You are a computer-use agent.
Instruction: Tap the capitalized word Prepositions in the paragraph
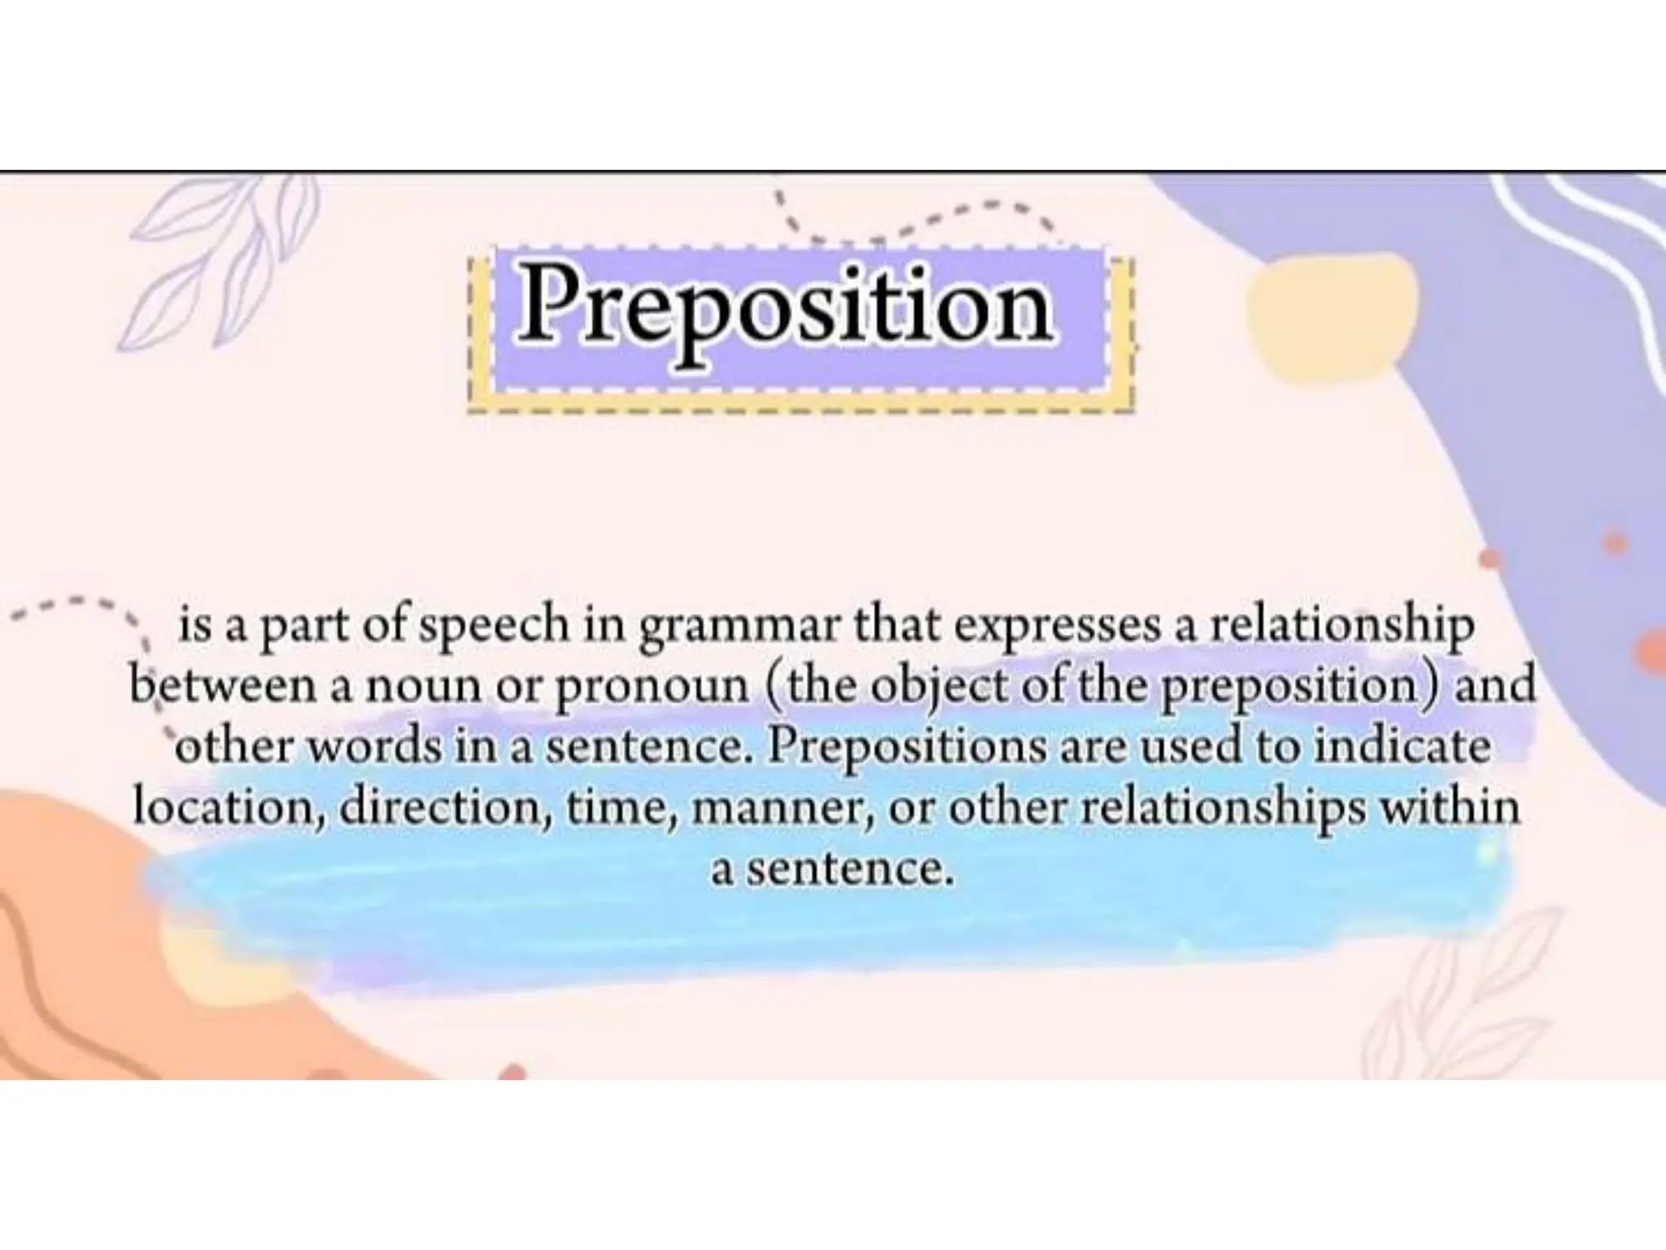tap(908, 747)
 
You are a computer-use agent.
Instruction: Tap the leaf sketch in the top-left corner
tap(220, 260)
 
